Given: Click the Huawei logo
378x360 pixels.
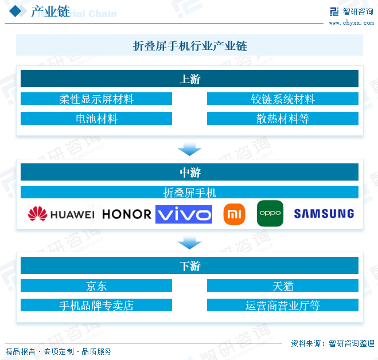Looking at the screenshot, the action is [61, 214].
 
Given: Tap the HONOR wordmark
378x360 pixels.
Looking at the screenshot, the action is [127, 214].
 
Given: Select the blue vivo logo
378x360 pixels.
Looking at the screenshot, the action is [184, 214].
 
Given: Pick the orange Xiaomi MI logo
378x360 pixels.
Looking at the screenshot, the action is [235, 214].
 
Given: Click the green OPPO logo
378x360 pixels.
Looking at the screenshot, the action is [270, 213].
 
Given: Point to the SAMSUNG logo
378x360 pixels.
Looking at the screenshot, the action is [324, 214].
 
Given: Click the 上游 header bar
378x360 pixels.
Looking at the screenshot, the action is [189, 79].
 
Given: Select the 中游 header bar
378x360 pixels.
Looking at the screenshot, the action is [189, 172].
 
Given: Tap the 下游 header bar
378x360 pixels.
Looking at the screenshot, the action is [189, 265].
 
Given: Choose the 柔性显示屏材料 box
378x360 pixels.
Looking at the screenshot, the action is [96, 99].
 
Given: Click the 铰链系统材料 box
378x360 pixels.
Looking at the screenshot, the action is [283, 99].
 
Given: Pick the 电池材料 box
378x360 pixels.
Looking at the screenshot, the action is [96, 118].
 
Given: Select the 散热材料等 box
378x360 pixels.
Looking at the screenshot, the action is [283, 118].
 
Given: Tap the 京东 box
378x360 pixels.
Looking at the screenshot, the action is [96, 285].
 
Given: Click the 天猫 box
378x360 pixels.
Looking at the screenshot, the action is [283, 285].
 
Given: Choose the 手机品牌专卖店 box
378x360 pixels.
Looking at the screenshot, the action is [96, 305].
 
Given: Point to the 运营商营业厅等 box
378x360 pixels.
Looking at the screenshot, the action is [283, 305].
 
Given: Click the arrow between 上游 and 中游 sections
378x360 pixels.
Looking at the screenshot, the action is [189, 150].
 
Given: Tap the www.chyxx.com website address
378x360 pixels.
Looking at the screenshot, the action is [352, 23].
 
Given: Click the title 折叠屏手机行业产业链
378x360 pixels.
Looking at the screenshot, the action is [190, 45].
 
